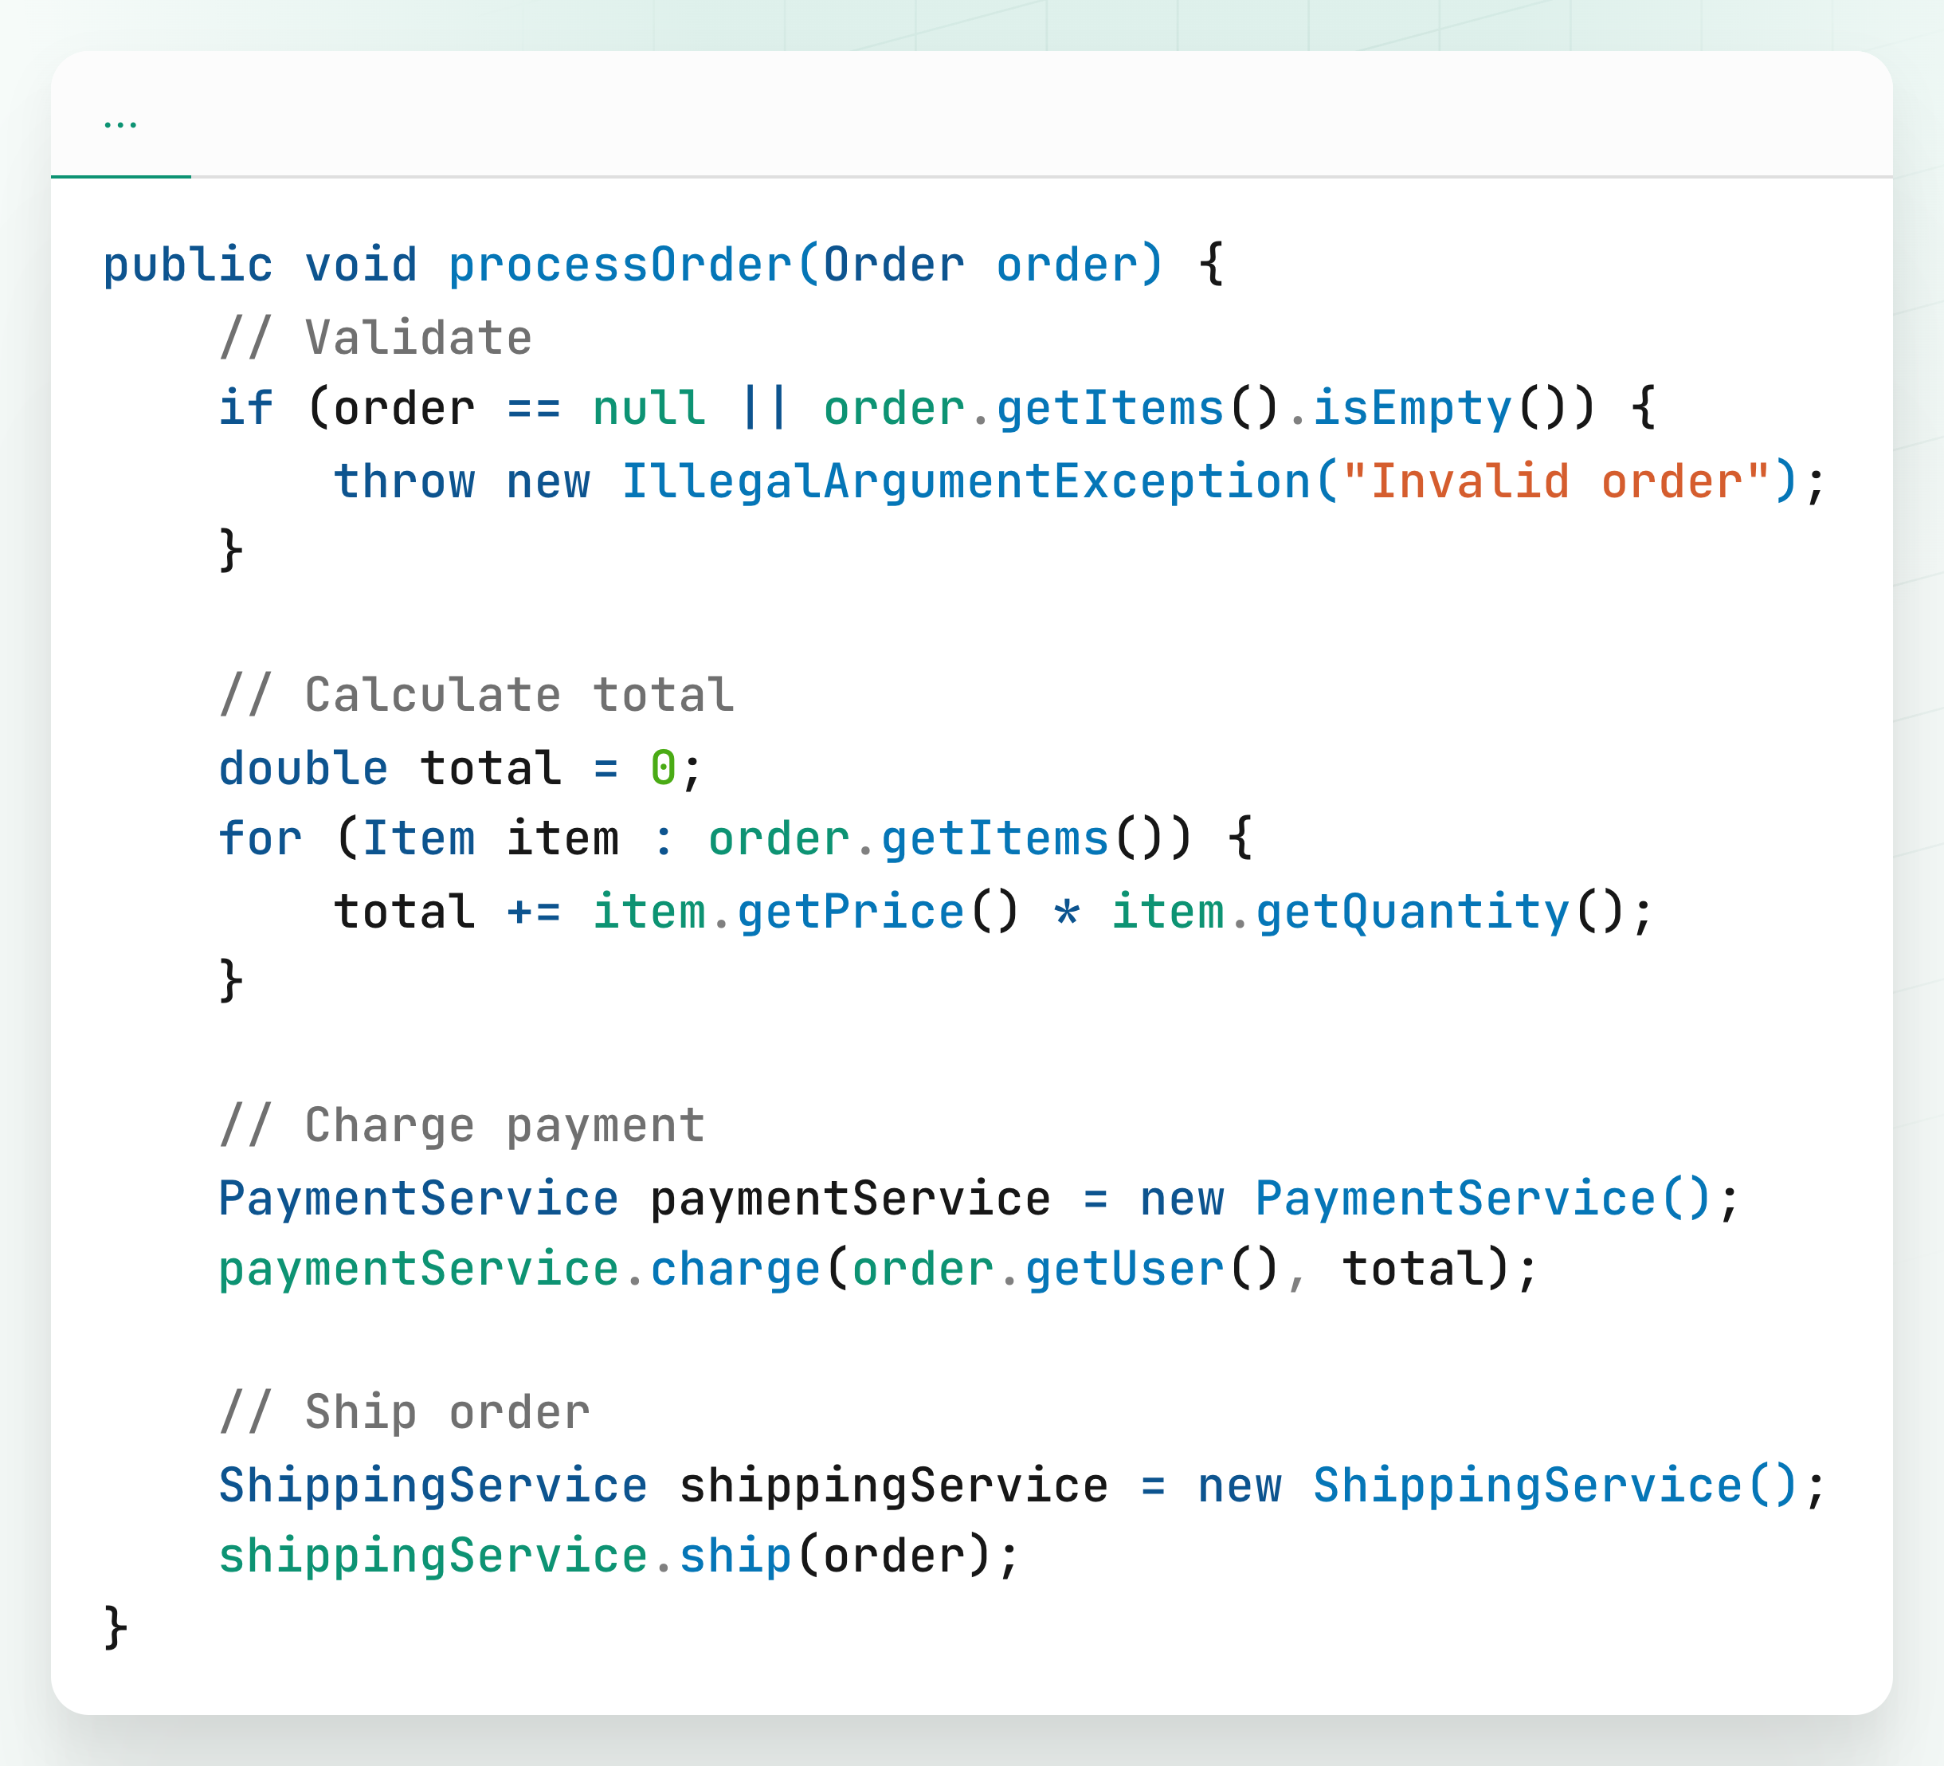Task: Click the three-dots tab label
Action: tap(120, 124)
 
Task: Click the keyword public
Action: tap(188, 265)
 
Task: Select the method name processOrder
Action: tap(620, 265)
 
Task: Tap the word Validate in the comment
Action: tap(418, 339)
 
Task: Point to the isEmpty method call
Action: tap(1412, 408)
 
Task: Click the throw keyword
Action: tap(404, 481)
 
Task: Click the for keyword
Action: tap(261, 838)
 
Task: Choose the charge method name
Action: tap(735, 1269)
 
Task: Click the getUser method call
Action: tap(1124, 1269)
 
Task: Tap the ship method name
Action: tap(735, 1556)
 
